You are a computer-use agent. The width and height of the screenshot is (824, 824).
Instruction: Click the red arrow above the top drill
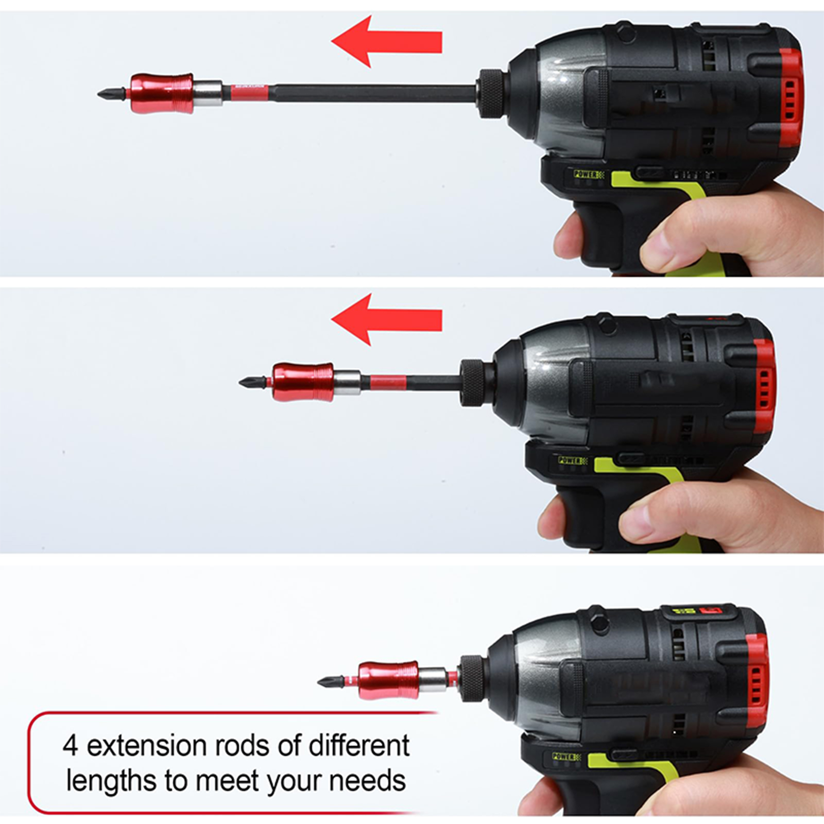click(x=386, y=42)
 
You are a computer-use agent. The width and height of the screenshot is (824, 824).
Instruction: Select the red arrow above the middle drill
click(x=386, y=320)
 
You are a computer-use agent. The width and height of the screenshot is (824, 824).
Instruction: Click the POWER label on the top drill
click(x=586, y=175)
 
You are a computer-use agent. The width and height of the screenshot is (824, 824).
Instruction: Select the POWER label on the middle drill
click(x=570, y=460)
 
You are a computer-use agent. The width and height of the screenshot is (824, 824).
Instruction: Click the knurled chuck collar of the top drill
click(x=493, y=93)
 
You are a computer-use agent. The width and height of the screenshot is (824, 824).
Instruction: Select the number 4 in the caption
click(x=71, y=746)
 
